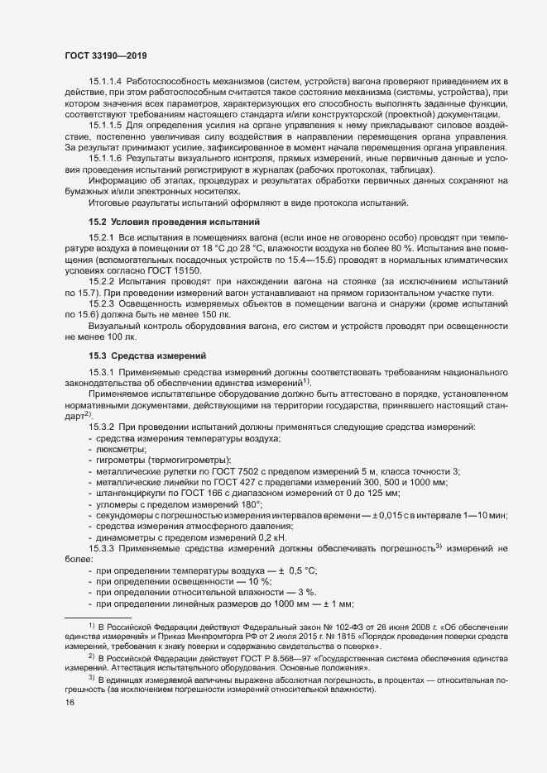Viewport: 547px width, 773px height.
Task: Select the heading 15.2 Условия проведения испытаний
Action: (x=174, y=222)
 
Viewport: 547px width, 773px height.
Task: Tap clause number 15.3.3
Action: (x=101, y=548)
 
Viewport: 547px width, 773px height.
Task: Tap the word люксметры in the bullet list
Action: (x=121, y=448)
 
